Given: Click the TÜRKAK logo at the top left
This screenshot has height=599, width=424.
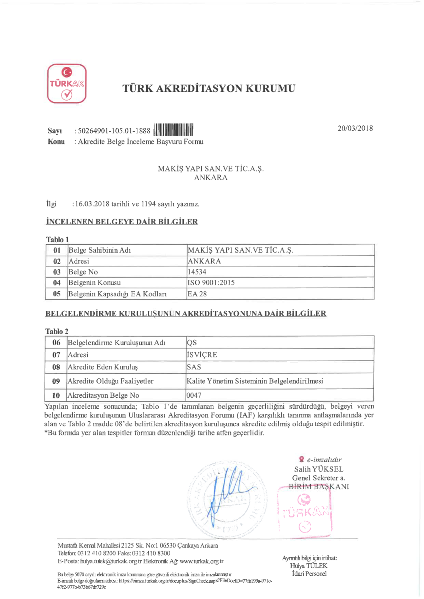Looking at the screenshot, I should (67, 84).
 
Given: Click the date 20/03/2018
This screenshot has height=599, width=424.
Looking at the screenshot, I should (355, 128).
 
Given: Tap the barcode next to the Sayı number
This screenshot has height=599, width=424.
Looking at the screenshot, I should (173, 130).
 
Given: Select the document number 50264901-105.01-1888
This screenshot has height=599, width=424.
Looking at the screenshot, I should (114, 131).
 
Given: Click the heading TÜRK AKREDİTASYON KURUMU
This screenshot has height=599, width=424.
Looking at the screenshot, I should (209, 88).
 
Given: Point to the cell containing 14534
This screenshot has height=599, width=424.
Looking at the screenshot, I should (197, 272).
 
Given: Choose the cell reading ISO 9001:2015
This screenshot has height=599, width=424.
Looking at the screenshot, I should (211, 283).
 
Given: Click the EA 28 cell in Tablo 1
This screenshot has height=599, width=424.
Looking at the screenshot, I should (197, 294).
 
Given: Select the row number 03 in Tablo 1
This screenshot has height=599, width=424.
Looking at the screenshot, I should (57, 272).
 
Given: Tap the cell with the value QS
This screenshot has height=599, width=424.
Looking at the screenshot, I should (192, 343).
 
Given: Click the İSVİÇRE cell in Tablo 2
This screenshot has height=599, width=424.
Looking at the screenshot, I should (202, 355).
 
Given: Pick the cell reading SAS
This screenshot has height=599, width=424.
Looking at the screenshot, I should (194, 367).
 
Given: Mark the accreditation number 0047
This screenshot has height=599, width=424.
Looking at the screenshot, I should (194, 395).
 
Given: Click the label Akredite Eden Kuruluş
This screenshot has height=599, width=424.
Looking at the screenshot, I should (102, 367).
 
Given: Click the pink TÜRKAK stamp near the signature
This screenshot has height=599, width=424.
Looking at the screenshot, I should (305, 512).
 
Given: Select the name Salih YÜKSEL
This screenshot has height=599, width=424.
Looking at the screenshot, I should (318, 469).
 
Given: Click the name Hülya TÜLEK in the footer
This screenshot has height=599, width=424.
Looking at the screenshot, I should (308, 566).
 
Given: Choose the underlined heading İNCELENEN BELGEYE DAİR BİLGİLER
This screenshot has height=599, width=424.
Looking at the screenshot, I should (122, 222).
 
